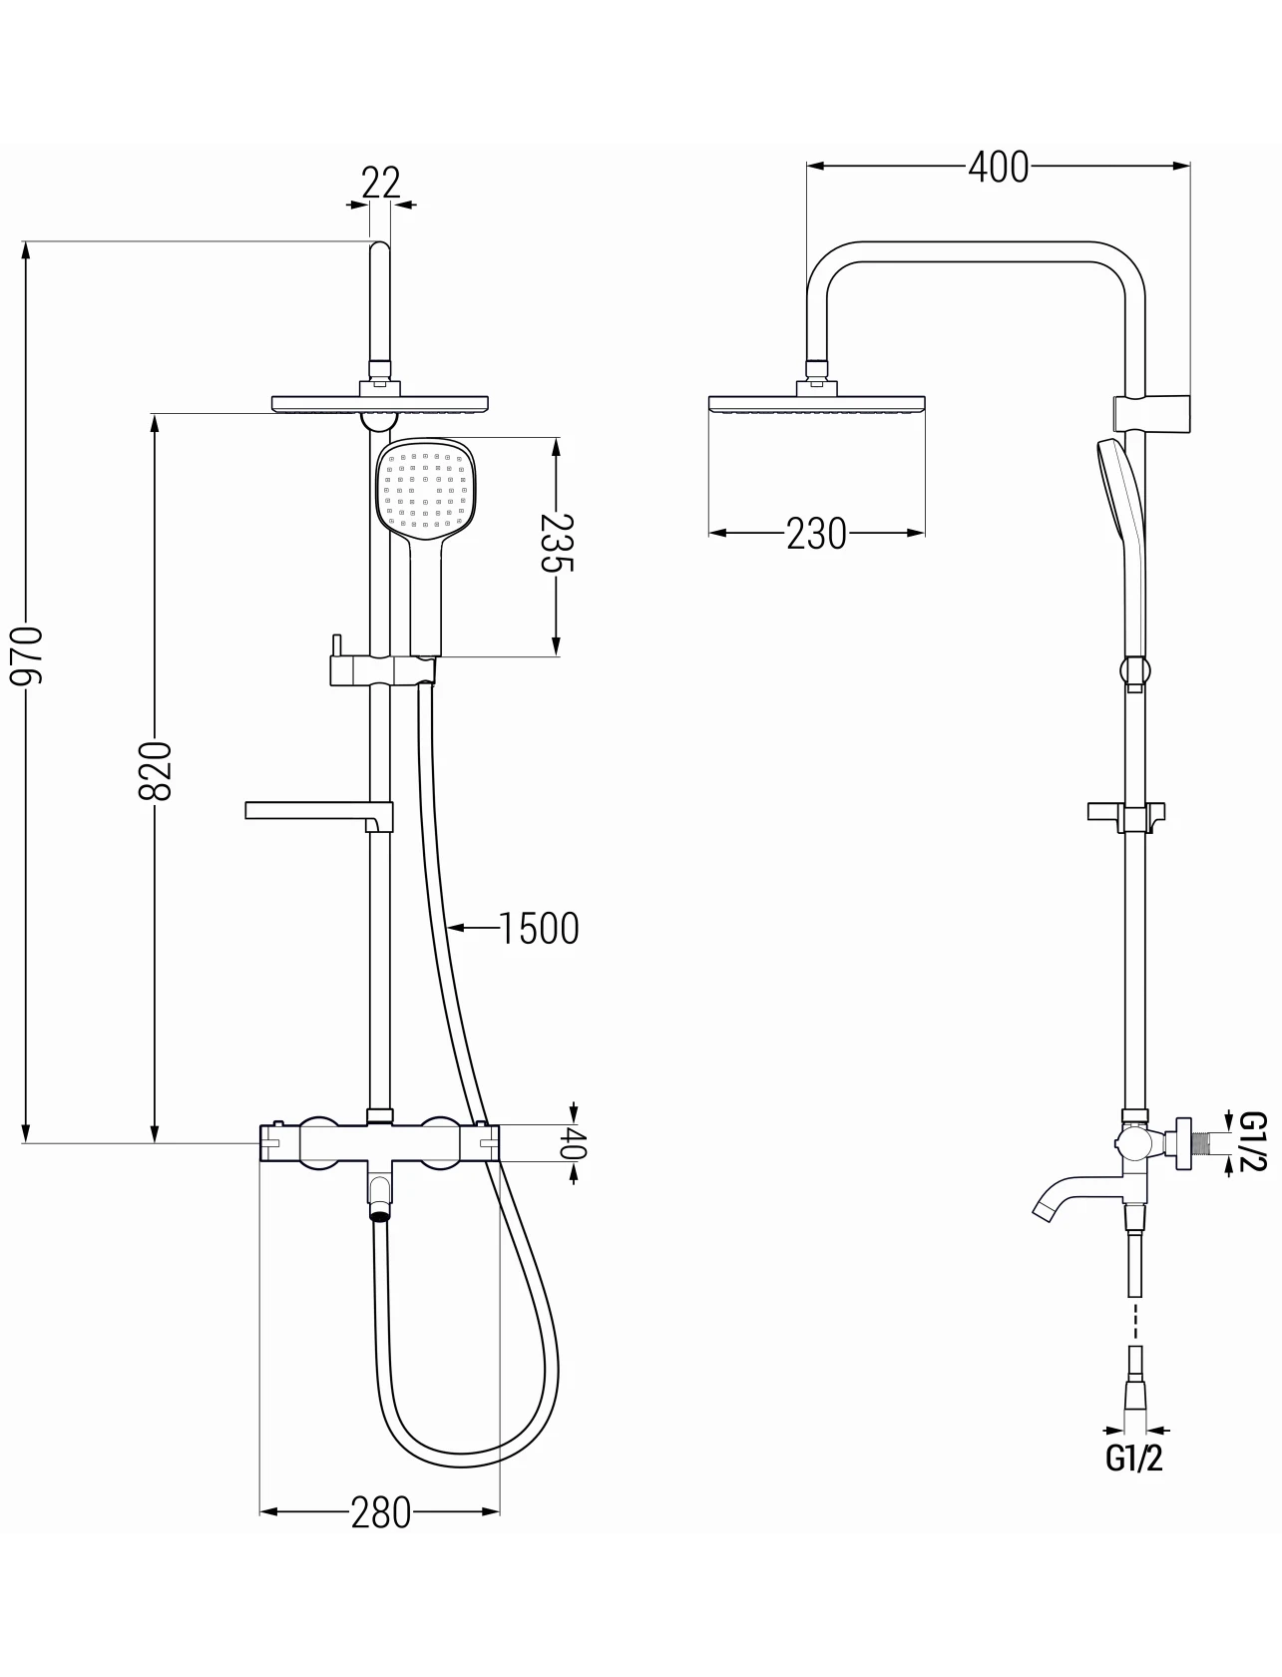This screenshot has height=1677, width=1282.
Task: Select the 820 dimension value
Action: point(156,770)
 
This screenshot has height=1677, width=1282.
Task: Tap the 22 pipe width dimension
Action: point(380,183)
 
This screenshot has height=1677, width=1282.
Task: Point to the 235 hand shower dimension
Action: point(557,543)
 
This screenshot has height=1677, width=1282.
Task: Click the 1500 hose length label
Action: point(539,929)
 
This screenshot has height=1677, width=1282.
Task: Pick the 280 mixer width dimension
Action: point(381,1513)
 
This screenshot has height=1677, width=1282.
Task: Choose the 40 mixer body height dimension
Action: point(573,1142)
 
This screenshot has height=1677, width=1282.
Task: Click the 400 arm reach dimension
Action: point(998,167)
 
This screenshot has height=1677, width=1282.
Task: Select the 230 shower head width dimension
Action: point(816,534)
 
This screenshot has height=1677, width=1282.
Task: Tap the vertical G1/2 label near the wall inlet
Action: point(1253,1142)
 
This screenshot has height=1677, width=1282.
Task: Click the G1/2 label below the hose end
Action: point(1134,1459)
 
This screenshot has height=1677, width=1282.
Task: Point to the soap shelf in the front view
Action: point(319,815)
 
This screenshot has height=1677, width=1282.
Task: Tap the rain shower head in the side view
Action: point(816,404)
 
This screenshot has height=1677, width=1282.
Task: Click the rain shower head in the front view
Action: point(380,404)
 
